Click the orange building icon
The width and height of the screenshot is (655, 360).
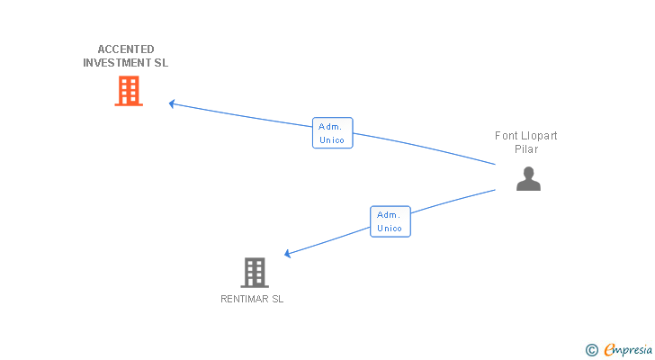tap(129, 91)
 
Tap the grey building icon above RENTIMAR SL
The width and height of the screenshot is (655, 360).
tap(255, 272)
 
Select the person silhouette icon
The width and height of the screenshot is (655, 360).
tap(528, 179)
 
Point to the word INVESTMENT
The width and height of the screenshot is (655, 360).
tap(117, 63)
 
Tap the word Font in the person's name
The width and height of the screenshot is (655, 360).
tap(507, 136)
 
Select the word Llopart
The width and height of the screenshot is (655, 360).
tap(540, 136)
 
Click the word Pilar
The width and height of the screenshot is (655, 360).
tap(526, 149)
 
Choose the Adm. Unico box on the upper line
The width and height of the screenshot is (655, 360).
tap(332, 133)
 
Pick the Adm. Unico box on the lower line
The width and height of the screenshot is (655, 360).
tap(390, 221)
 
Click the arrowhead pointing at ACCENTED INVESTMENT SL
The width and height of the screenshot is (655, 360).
tap(172, 103)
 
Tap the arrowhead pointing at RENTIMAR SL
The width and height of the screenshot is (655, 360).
tap(288, 254)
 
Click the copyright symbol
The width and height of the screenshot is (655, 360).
tap(591, 350)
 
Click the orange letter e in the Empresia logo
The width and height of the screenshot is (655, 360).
tap(609, 350)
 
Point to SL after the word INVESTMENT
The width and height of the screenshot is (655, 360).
tap(161, 63)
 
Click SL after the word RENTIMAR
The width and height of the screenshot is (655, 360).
tap(277, 299)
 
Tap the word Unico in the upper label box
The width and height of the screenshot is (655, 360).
tap(332, 139)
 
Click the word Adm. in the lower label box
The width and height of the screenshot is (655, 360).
tap(389, 215)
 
